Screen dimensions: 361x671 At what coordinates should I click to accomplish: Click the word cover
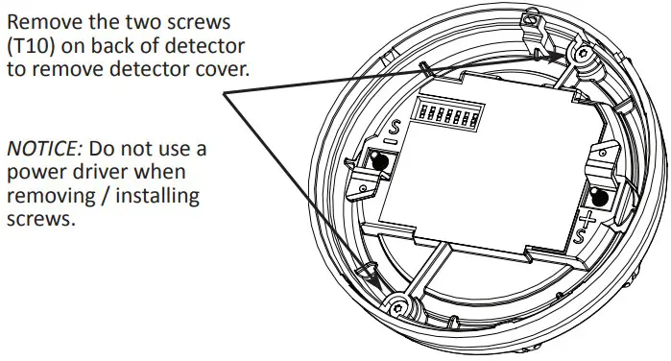coord(224,71)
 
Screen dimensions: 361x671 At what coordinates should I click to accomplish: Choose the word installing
coord(156,197)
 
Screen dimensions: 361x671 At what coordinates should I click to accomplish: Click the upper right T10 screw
coord(583,55)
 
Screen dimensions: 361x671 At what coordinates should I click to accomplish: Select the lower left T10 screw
coord(398,304)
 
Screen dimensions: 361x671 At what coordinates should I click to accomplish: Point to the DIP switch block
coord(449,116)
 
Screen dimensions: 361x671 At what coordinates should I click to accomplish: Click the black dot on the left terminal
coord(380,163)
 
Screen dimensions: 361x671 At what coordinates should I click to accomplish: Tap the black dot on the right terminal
coord(602,199)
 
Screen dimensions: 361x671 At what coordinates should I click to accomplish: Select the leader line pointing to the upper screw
coord(403,73)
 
